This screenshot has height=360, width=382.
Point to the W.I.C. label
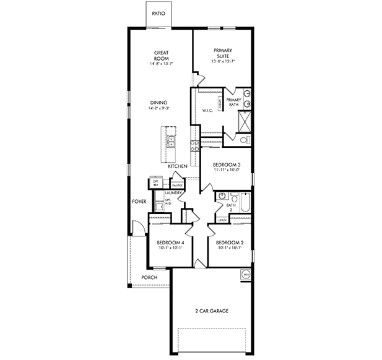pos(207,111)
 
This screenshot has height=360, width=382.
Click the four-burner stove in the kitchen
pos(194,145)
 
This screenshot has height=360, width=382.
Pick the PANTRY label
pos(176,184)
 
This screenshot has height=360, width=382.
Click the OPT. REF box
pos(156,182)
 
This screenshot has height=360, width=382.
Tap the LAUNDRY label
pos(173,194)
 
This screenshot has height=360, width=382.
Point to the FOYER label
pos(139,202)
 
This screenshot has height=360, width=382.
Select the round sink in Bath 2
pos(221,196)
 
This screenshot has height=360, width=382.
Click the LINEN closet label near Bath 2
pos(222,220)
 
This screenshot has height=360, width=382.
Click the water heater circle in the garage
pos(245,274)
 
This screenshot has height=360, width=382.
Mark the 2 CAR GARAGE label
pos(211,311)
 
